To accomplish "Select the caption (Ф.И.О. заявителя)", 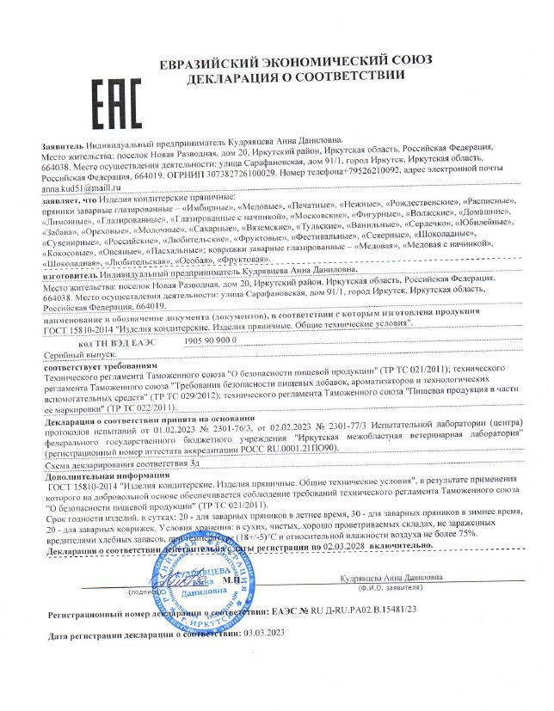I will click(x=385, y=589).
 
